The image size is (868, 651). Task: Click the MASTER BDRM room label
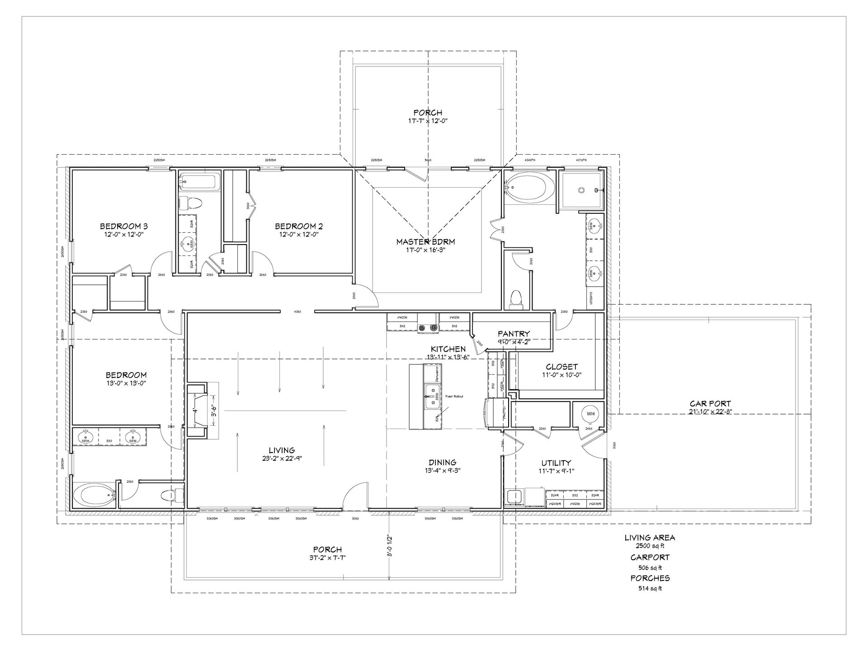pyautogui.click(x=425, y=242)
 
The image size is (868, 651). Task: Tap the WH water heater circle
pyautogui.click(x=590, y=414)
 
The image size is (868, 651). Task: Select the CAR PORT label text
pyautogui.click(x=710, y=403)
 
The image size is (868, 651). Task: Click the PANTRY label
pyautogui.click(x=514, y=334)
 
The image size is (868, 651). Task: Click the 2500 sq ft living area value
pyautogui.click(x=650, y=546)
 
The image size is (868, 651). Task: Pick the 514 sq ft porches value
pyautogui.click(x=650, y=588)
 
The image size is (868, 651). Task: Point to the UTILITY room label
pyautogui.click(x=556, y=463)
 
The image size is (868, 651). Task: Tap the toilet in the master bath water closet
pyautogui.click(x=515, y=299)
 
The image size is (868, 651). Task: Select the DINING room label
pyautogui.click(x=443, y=462)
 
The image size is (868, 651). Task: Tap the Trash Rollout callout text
pyautogui.click(x=454, y=396)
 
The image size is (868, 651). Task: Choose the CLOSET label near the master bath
pyautogui.click(x=561, y=367)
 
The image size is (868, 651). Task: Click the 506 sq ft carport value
pyautogui.click(x=650, y=567)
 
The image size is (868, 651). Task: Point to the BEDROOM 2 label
pyautogui.click(x=299, y=226)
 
